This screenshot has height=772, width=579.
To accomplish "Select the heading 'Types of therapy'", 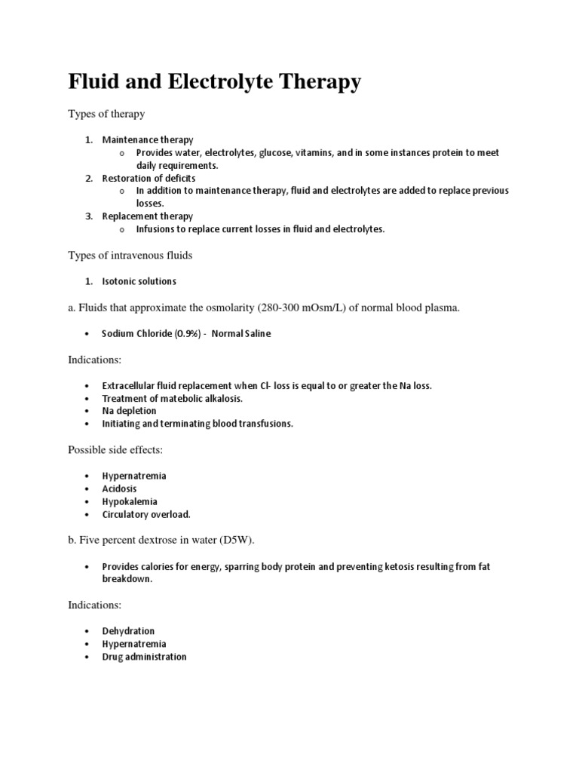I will click(106, 114).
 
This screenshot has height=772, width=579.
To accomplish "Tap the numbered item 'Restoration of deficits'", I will click(149, 178).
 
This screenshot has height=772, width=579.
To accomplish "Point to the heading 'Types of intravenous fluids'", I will click(130, 256).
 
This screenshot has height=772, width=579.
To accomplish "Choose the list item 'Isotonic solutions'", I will click(139, 281).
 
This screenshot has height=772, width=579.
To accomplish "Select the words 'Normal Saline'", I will click(241, 334).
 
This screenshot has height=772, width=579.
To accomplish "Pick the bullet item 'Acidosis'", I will click(120, 489).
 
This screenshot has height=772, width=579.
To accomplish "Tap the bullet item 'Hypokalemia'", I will click(130, 501).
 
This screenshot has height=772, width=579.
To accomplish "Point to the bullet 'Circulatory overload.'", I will click(146, 514).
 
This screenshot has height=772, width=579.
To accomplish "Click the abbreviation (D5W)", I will click(248, 541).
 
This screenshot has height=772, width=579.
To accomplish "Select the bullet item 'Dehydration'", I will click(128, 631).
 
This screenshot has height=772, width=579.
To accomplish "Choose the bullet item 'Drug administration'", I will click(144, 657).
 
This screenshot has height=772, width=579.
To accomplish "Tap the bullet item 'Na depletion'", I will click(129, 411).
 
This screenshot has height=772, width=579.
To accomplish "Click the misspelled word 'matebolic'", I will click(175, 398).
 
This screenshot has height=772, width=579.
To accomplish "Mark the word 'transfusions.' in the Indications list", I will click(265, 424).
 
